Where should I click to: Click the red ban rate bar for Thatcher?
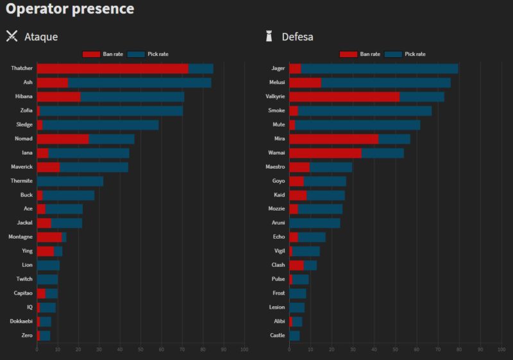click(x=112, y=68)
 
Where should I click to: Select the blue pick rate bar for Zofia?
click(x=112, y=110)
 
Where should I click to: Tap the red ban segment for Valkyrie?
click(x=344, y=96)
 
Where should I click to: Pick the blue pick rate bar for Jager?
click(x=380, y=68)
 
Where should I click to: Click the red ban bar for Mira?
click(x=334, y=139)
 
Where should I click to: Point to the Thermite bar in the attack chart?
click(x=70, y=181)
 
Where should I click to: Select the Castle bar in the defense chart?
click(x=294, y=336)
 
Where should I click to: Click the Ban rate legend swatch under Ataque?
click(x=92, y=54)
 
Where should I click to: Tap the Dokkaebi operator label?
click(x=21, y=321)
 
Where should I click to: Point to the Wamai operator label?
click(x=276, y=153)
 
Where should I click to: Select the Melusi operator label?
click(x=276, y=82)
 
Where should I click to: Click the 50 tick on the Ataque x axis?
click(x=140, y=349)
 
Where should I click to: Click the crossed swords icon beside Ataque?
click(x=12, y=36)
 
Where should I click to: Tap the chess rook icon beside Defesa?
click(x=269, y=36)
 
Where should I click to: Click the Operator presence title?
click(x=70, y=9)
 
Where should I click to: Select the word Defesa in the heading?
click(x=298, y=37)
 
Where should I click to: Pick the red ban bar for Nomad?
click(x=63, y=139)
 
